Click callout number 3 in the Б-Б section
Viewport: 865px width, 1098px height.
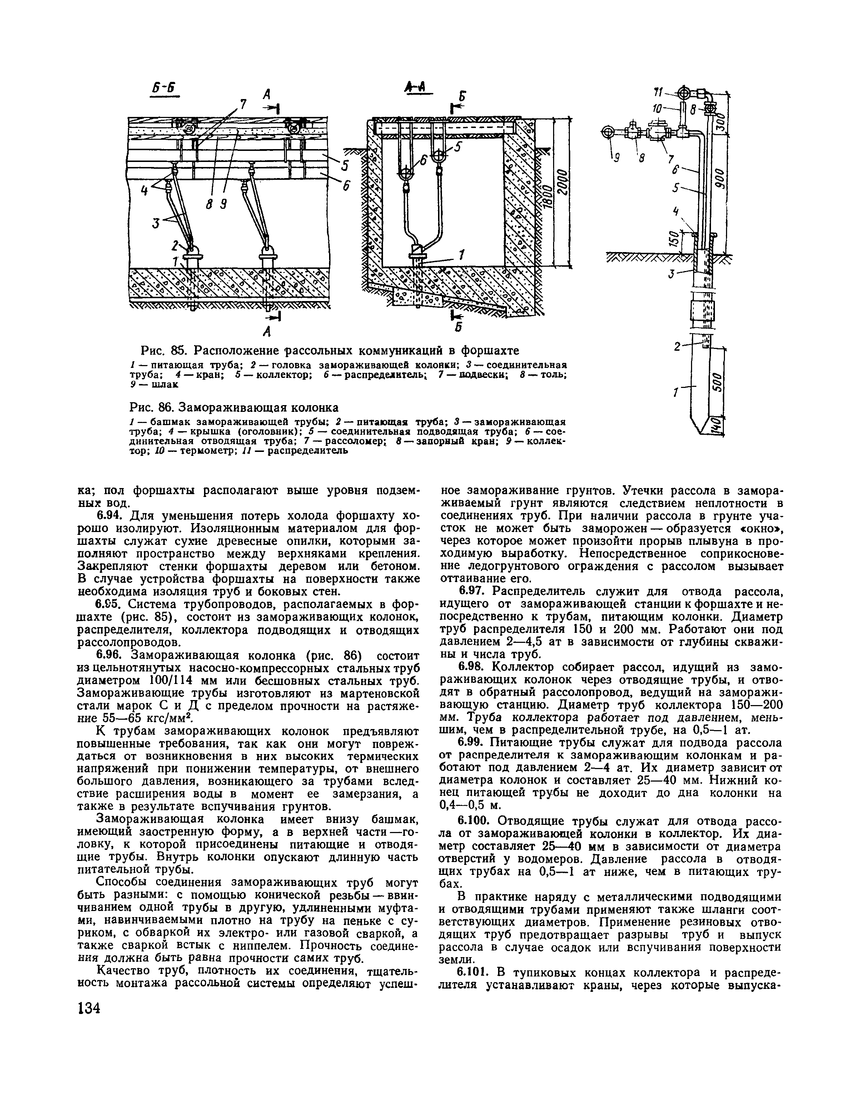(155, 223)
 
